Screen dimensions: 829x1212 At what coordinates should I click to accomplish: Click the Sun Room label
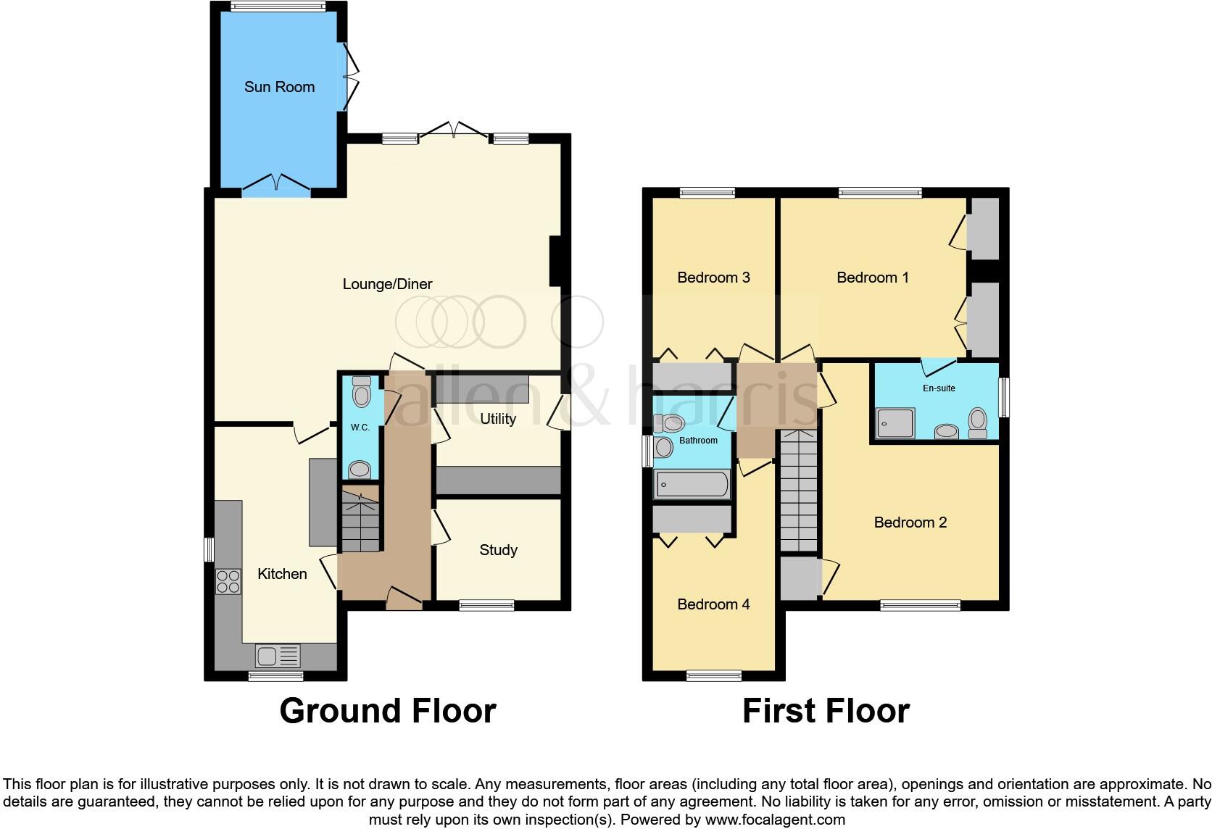tap(279, 87)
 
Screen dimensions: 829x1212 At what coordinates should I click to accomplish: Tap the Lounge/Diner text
tap(387, 284)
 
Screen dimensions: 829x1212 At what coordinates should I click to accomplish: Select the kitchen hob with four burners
tap(228, 581)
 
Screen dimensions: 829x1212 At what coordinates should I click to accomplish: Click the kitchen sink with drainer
tap(277, 657)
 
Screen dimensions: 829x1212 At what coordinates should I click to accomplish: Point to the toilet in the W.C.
tap(360, 393)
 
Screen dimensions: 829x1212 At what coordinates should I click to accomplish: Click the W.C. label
tap(360, 428)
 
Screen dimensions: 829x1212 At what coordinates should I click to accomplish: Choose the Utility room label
tap(498, 419)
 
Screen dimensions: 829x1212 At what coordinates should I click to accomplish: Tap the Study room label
tap(498, 550)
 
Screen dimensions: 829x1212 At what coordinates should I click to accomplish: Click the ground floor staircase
tap(360, 519)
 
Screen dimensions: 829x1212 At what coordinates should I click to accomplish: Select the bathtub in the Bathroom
tap(692, 485)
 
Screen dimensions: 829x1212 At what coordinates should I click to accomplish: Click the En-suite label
tap(939, 388)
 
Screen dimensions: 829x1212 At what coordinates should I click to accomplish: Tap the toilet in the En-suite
tap(978, 422)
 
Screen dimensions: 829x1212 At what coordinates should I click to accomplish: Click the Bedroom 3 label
tap(713, 278)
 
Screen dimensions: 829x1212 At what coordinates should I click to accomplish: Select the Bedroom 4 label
tap(713, 604)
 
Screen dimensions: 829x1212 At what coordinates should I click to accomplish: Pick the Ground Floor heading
tap(388, 711)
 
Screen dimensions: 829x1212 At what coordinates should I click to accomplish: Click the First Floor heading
tap(826, 711)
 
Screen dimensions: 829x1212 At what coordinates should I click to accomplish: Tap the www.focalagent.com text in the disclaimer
tap(775, 820)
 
